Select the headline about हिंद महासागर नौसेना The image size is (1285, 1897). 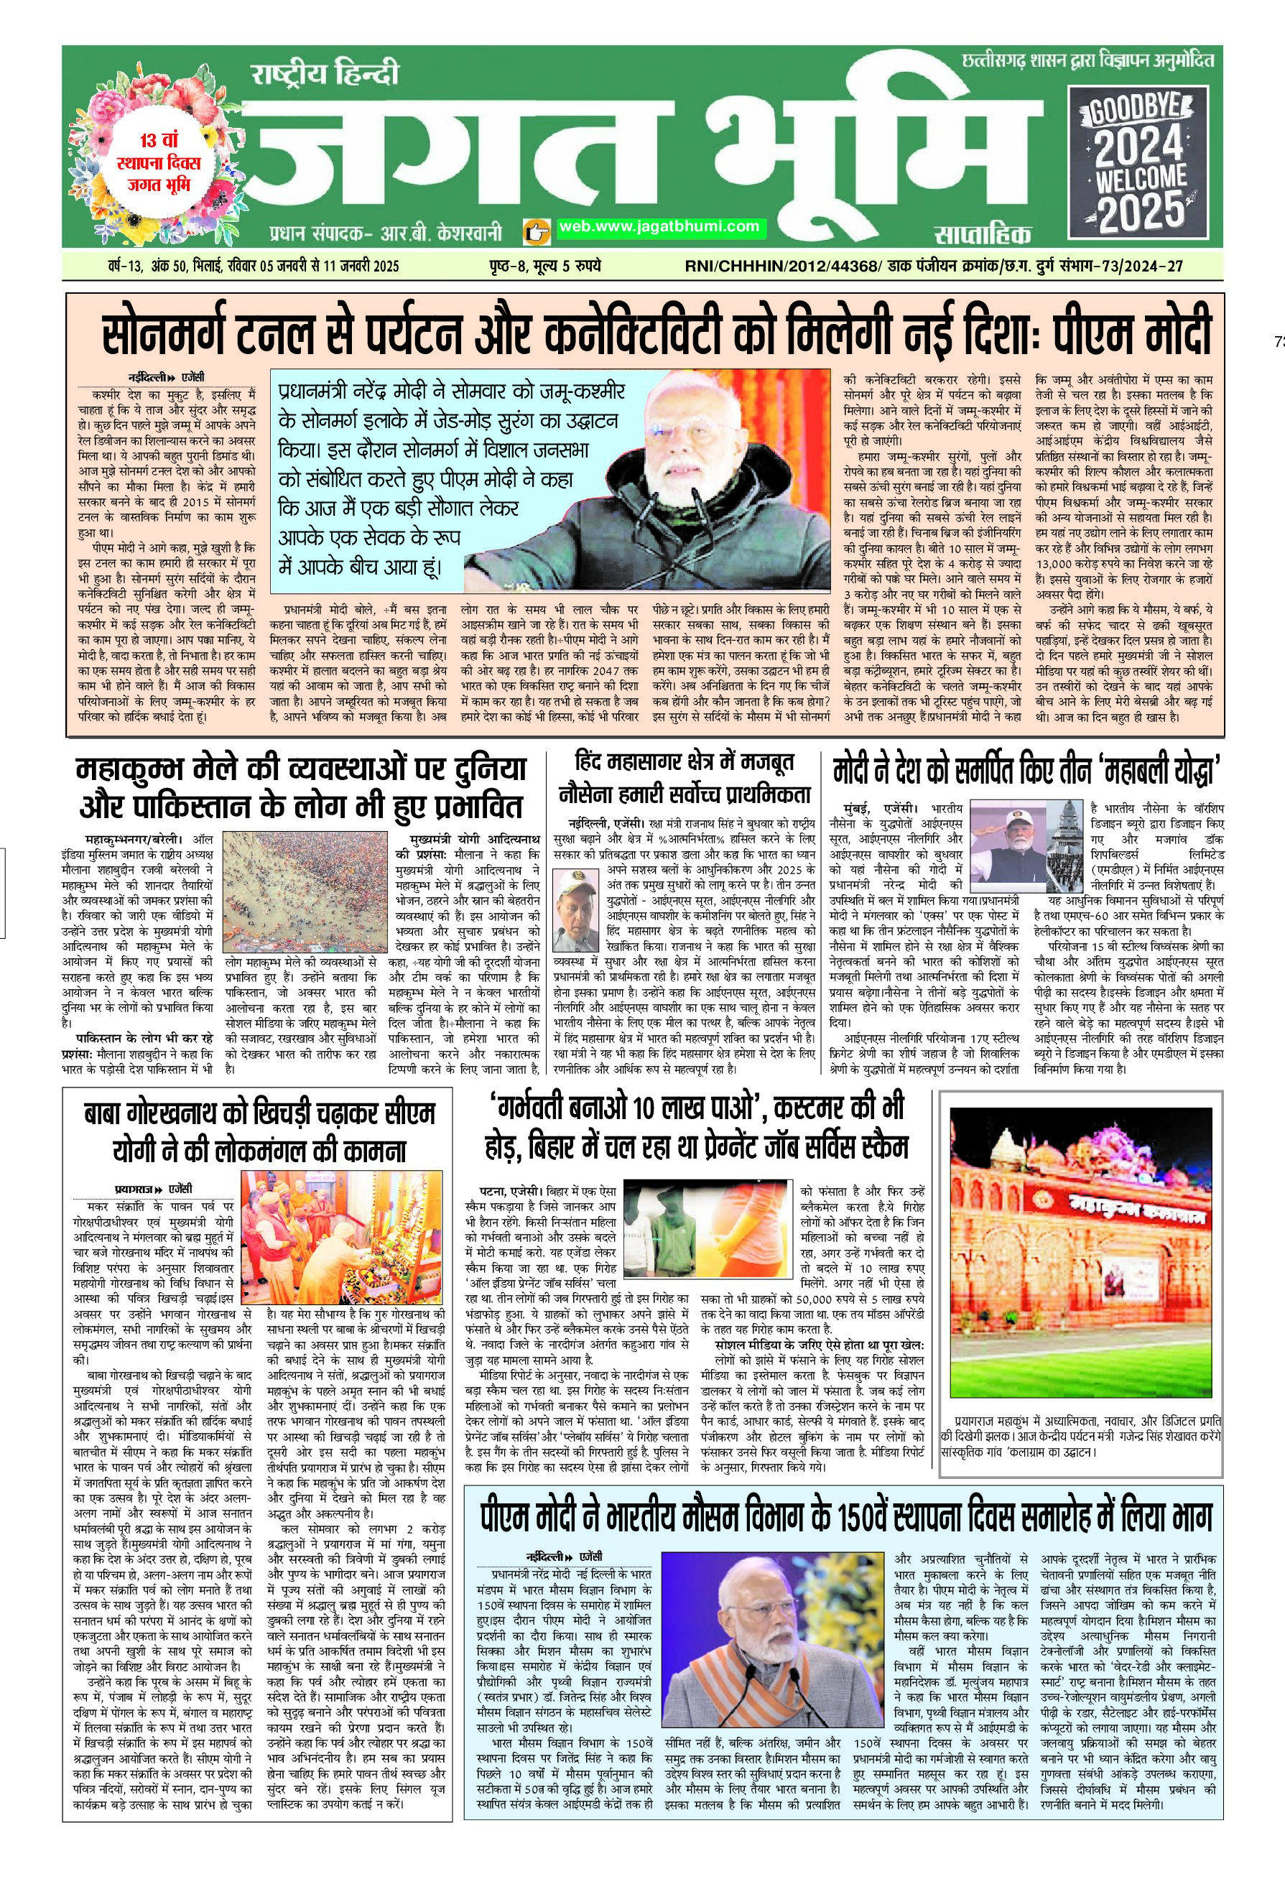(x=684, y=778)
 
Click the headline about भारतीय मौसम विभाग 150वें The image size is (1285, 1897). (x=845, y=1516)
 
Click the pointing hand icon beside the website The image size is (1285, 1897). (x=534, y=231)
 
